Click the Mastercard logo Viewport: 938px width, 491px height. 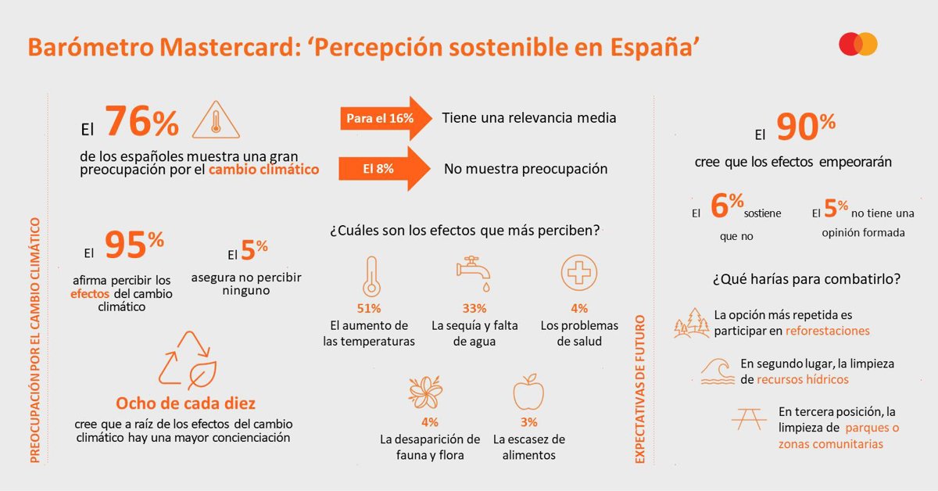coord(858,45)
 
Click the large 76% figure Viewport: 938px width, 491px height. coord(141,122)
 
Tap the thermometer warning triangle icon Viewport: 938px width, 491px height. coord(215,121)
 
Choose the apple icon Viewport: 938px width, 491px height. coord(528,392)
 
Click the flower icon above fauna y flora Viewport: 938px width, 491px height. coord(426,391)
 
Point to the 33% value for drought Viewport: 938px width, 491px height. coord(474,309)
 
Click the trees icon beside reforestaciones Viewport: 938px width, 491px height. coord(691,323)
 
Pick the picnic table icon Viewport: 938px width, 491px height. coord(748,420)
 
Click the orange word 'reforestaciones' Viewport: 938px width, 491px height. coord(827,331)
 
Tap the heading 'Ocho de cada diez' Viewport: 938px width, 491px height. coord(186,403)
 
